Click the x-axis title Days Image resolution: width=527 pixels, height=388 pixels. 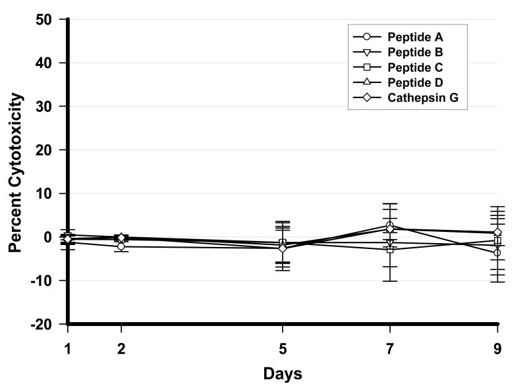coord(283,374)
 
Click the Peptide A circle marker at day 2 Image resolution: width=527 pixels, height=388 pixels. coord(121,246)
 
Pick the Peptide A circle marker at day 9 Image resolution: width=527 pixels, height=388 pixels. coord(497,253)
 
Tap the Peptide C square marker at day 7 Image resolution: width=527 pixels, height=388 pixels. coord(390,250)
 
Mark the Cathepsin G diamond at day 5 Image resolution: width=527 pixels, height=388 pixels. coord(283,248)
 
